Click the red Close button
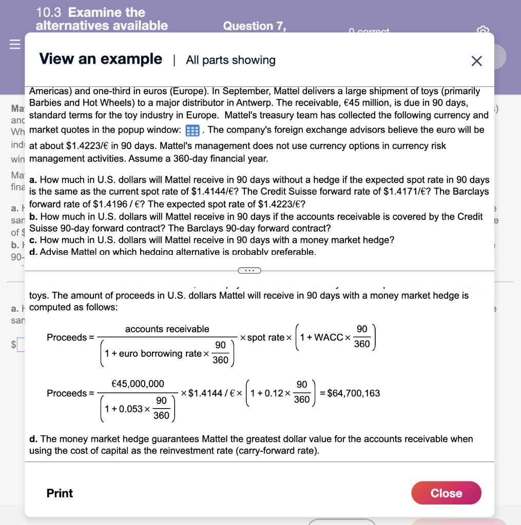446,493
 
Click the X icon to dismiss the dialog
476,61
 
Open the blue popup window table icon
192,130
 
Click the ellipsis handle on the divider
249,270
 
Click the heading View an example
101,59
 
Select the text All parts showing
230,60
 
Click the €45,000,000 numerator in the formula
138,383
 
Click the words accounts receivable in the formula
167,329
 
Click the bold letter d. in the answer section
33,439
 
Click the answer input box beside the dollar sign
21,344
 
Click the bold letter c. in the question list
33,240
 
